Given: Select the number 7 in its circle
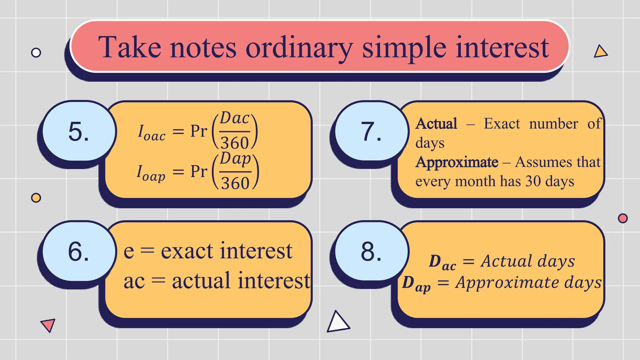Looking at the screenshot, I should tap(371, 132).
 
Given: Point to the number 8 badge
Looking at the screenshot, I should tap(371, 252).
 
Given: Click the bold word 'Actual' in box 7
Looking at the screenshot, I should tap(436, 123).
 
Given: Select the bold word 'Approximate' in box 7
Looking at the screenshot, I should tap(457, 162).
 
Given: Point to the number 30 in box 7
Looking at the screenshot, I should tap(533, 181).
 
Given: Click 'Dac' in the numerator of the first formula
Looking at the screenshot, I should tap(235, 118).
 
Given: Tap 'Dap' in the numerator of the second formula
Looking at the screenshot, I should tap(235, 159).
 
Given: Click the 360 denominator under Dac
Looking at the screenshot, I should tap(235, 143).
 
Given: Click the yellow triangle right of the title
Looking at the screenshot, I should tap(600, 52).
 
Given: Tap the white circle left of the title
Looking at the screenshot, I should tap(36, 52).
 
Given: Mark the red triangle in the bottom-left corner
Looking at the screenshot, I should tap(48, 325).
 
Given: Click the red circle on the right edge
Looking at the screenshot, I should tap(623, 218).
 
